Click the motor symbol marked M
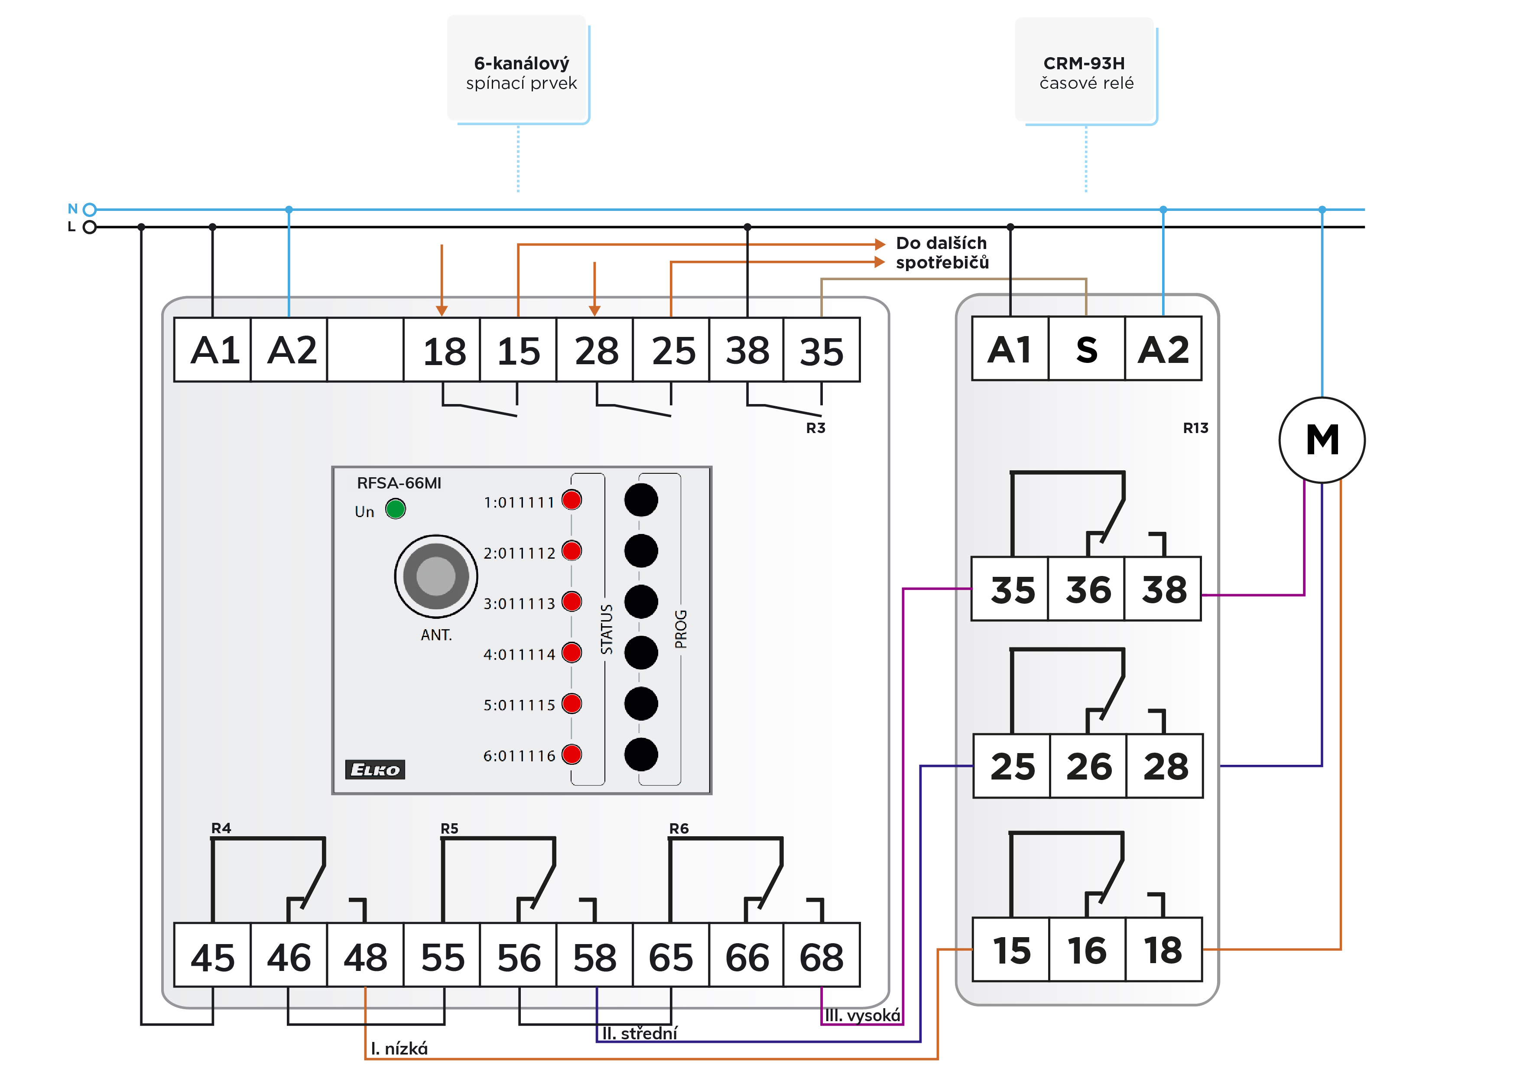[1322, 440]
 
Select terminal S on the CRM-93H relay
[1086, 349]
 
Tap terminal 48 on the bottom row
[365, 955]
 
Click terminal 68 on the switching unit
[822, 955]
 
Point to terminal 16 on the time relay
[1087, 950]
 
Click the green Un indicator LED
[395, 509]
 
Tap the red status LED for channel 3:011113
[572, 602]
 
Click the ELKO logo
[375, 769]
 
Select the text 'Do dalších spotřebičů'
[942, 253]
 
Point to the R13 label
[1195, 428]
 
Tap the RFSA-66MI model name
[399, 483]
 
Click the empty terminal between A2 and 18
[365, 349]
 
